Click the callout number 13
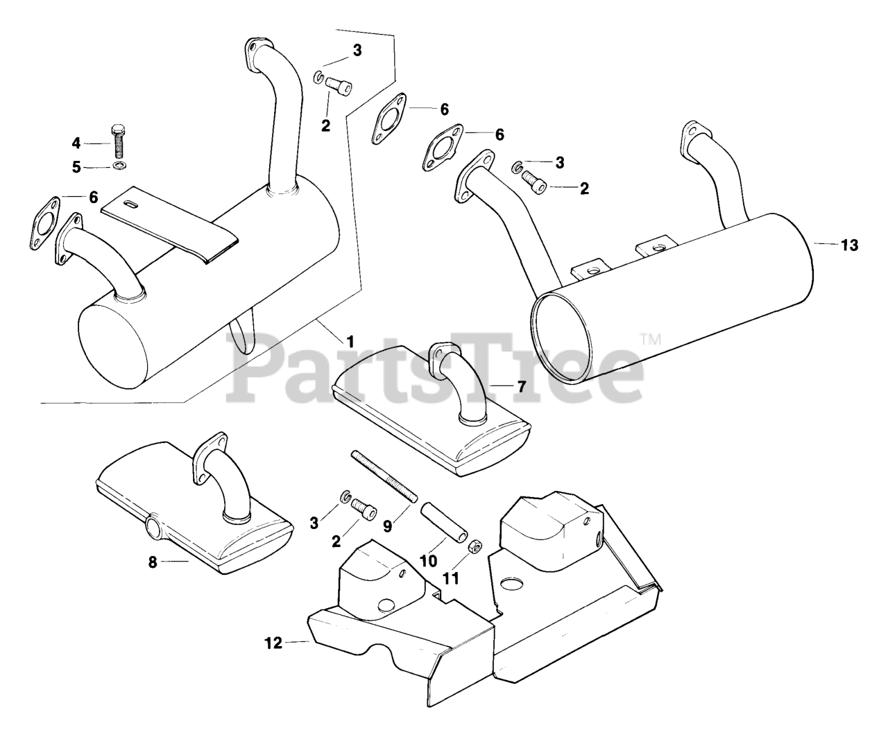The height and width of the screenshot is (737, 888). click(849, 245)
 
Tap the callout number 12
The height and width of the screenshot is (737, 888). click(274, 643)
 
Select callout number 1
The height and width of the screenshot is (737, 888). click(350, 340)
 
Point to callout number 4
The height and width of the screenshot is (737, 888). click(76, 144)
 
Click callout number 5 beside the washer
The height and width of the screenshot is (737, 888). click(76, 167)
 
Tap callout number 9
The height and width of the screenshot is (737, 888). click(387, 526)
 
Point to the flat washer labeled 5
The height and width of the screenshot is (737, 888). click(118, 167)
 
